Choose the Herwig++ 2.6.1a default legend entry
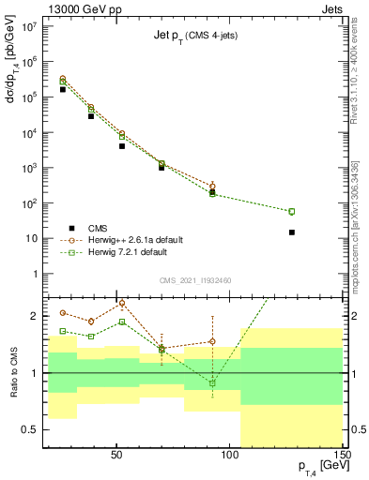click(x=141, y=239)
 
